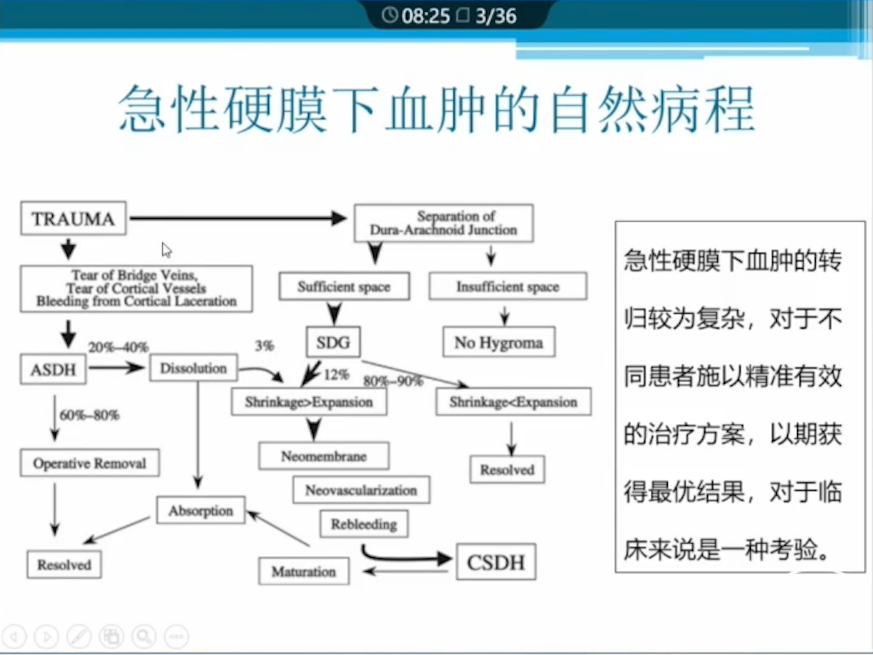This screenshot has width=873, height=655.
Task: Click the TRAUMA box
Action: pos(73,218)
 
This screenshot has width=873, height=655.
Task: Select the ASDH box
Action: pos(53,370)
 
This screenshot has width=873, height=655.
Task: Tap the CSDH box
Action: pos(495,562)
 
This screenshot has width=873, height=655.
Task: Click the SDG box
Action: pos(333,342)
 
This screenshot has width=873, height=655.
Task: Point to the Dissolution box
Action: pos(193,368)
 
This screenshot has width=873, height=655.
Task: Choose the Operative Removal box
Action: pos(89,463)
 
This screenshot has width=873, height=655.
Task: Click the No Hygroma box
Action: pos(499,342)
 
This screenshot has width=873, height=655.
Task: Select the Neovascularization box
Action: pos(361,490)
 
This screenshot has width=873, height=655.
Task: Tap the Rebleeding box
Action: pos(363,524)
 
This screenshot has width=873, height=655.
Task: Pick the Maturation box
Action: pos(303,571)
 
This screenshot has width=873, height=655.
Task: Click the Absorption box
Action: pos(200,510)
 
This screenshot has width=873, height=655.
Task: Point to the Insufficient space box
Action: pos(507,287)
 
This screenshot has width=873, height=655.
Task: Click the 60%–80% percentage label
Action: pos(89,415)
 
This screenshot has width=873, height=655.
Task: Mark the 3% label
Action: pos(265,346)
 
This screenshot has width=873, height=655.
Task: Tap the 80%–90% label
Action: pos(393,380)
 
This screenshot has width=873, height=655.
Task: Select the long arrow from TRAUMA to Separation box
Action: pos(237,218)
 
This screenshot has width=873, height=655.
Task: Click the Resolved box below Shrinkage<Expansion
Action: pos(507,469)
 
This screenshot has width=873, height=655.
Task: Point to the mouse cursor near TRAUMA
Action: pos(166,250)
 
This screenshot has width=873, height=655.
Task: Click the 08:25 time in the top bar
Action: pos(425,16)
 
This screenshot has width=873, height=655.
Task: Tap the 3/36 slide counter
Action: pos(495,16)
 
